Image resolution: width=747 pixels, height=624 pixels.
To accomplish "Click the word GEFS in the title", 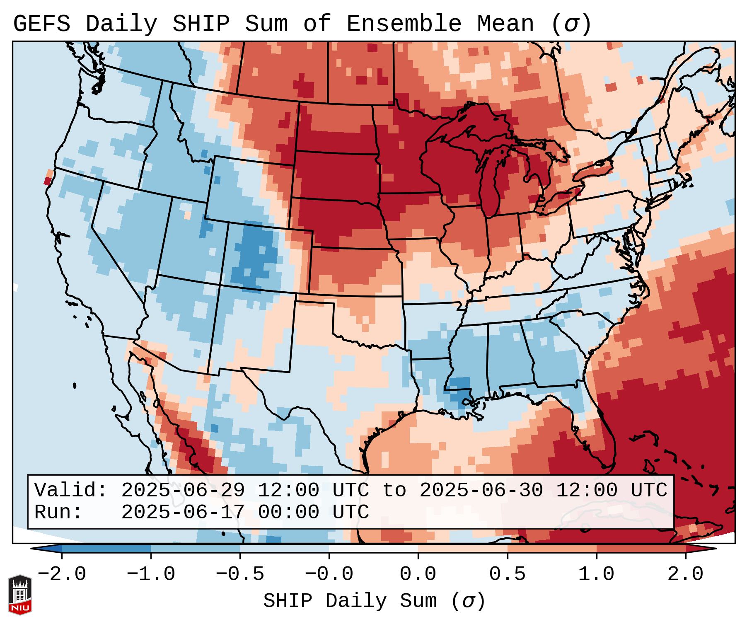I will tap(41, 24).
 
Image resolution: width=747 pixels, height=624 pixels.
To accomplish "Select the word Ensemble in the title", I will tap(404, 24).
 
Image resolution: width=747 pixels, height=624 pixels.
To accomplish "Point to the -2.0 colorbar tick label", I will tap(62, 574).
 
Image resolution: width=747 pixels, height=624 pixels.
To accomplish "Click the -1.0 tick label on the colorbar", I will tap(151, 574).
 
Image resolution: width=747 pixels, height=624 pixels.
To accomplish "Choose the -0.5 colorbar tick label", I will tap(240, 574).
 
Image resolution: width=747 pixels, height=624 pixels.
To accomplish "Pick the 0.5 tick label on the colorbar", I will tap(507, 574).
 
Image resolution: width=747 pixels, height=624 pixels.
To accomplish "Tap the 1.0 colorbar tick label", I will tap(596, 574).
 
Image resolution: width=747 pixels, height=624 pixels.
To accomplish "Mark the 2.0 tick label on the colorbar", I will tap(685, 574).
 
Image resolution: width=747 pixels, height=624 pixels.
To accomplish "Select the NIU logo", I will tap(20, 595).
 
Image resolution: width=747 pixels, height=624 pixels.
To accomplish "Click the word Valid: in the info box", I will tap(71, 490).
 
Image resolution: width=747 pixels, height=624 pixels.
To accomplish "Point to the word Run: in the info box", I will tap(58, 512).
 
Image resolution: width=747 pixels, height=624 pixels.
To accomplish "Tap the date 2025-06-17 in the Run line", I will tap(183, 512).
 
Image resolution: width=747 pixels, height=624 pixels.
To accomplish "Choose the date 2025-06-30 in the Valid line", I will tap(481, 490).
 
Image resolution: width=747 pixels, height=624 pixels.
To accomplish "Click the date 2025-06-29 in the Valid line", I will tap(183, 490).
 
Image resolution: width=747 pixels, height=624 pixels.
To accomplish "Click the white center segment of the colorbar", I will tap(373, 549).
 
